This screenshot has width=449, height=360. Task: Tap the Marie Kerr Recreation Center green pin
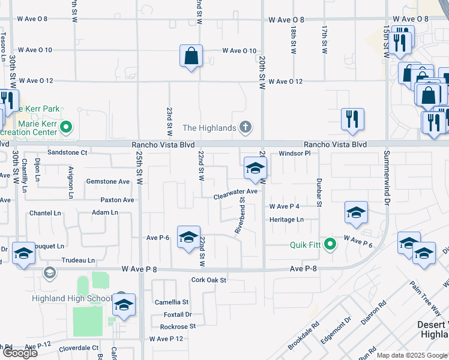pyautogui.click(x=67, y=127)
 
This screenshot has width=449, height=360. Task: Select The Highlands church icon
pyautogui.click(x=245, y=127)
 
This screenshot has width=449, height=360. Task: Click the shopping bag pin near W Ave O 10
pyautogui.click(x=191, y=58)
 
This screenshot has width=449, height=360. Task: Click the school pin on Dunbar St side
pyautogui.click(x=356, y=213)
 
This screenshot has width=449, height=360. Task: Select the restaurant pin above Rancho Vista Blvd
pyautogui.click(x=353, y=119)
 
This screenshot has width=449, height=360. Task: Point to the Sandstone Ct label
pyautogui.click(x=68, y=153)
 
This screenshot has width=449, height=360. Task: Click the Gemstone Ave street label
pyautogui.click(x=108, y=181)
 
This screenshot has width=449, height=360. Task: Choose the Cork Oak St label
pyautogui.click(x=208, y=280)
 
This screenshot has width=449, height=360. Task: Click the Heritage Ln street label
pyautogui.click(x=286, y=220)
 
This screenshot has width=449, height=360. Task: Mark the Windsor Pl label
pyautogui.click(x=294, y=154)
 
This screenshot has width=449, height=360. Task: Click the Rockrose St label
pyautogui.click(x=178, y=326)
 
